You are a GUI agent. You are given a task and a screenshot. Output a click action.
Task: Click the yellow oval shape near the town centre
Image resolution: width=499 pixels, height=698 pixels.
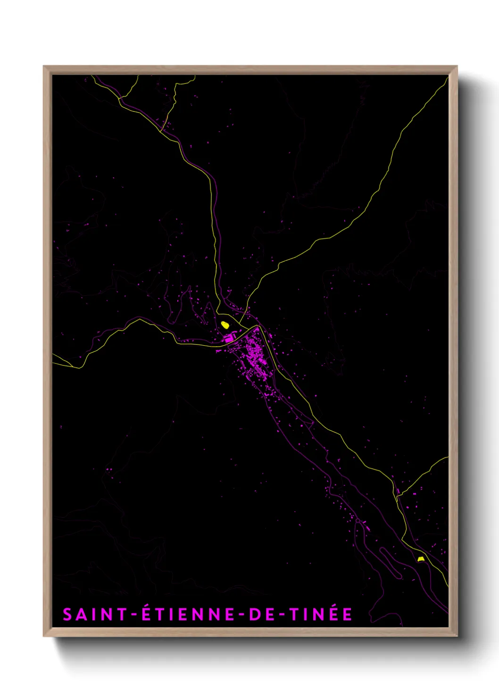(225, 324)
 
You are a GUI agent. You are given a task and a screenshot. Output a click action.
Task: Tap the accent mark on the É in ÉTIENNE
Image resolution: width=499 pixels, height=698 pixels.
(147, 607)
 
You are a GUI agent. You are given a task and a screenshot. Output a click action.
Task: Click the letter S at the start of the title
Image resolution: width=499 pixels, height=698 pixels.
(67, 615)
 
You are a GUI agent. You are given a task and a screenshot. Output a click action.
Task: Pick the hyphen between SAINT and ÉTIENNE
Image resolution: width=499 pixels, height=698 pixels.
(134, 615)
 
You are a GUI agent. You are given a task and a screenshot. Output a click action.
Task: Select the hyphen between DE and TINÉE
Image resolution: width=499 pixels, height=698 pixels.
(283, 615)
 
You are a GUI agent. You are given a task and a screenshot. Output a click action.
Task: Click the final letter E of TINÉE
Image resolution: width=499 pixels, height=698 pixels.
(348, 615)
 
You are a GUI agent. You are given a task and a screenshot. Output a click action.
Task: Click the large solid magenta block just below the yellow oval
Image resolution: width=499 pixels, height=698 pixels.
(230, 338)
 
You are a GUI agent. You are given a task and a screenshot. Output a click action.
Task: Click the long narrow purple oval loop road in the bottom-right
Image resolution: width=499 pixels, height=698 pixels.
(391, 562)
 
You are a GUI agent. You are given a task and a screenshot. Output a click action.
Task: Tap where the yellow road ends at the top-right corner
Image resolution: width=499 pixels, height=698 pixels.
(447, 78)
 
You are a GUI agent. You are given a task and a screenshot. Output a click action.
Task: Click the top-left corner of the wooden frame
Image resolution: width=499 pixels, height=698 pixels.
(44, 67)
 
